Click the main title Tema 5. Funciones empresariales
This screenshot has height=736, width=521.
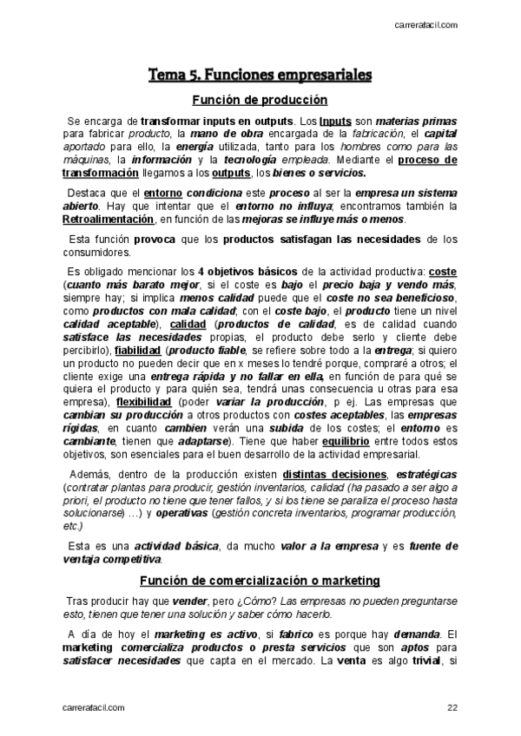pyautogui.click(x=260, y=76)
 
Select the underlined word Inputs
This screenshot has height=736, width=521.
pyautogui.click(x=335, y=122)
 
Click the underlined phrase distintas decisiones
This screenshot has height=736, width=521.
pyautogui.click(x=334, y=475)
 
